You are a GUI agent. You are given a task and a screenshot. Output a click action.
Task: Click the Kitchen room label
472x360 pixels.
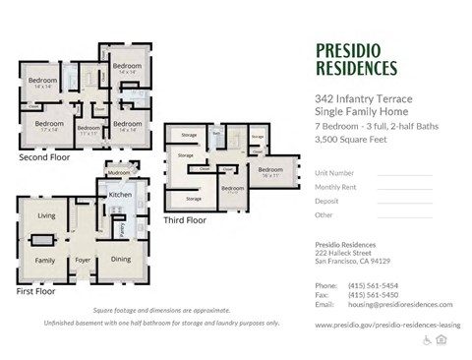(120, 195)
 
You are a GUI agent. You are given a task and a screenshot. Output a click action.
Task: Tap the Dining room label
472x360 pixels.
(120, 260)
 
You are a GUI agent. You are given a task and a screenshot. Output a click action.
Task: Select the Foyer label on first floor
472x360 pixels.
(83, 260)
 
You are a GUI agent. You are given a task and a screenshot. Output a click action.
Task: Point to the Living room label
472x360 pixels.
(46, 214)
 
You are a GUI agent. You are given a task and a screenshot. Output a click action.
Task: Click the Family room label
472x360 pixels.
(45, 260)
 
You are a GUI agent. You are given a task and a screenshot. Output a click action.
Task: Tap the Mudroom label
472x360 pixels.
(119, 173)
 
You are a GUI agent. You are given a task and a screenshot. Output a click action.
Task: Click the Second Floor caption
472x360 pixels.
(44, 156)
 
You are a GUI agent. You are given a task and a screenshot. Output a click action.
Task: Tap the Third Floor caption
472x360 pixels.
(184, 220)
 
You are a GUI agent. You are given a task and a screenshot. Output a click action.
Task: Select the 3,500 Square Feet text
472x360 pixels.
(350, 140)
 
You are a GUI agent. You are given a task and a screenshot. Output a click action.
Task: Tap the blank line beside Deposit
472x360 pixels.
(404, 201)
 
